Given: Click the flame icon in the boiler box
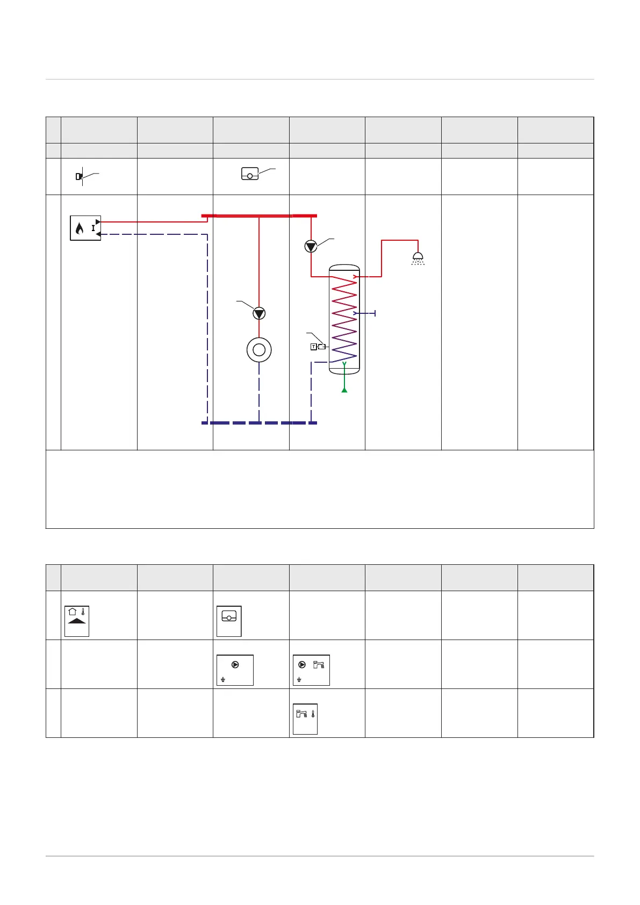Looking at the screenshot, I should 80,229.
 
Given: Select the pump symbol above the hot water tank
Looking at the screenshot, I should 311,246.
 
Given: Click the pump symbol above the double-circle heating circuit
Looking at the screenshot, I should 259,313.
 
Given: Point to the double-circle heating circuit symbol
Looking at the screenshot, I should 259,350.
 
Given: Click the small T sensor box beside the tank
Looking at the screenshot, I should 313,347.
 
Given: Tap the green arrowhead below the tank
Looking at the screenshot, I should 344,389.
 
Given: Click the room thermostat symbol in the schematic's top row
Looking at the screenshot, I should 250,174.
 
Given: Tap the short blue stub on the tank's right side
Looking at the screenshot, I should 365,313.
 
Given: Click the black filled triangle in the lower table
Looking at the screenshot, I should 77,620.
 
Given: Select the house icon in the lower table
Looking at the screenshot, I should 73,611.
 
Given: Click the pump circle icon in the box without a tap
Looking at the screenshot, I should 235,664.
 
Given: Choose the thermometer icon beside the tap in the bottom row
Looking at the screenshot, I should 312,715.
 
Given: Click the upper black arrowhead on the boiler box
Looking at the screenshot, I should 98,221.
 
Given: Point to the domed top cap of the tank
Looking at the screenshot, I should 344,268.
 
